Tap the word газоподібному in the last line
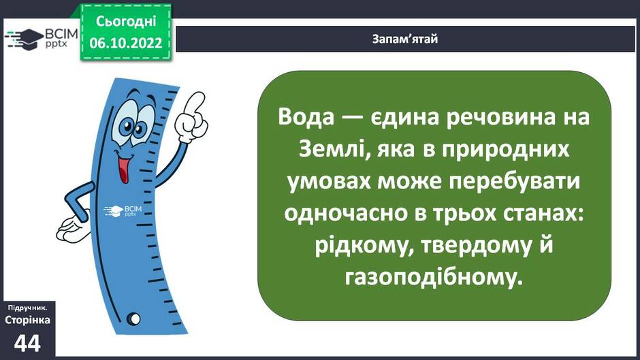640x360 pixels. coord(434,278)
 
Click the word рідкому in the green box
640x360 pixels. coord(362,246)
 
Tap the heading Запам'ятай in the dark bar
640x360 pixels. coord(405,39)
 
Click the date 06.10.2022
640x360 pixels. coord(126,43)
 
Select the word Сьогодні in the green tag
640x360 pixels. coord(126,21)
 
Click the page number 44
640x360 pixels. coord(27,343)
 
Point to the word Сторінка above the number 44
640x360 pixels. coord(28,320)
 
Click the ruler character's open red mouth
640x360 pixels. coord(124,169)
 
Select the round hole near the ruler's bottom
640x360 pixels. coord(133,318)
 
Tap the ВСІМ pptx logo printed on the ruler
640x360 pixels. coord(123,211)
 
